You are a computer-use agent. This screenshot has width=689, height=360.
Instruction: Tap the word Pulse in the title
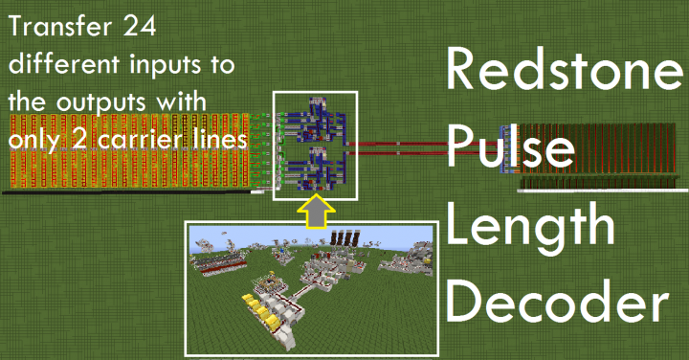click(x=511, y=151)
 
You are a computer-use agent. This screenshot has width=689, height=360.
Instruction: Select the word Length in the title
click(x=530, y=228)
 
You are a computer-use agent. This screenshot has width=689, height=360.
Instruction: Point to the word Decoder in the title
click(x=557, y=304)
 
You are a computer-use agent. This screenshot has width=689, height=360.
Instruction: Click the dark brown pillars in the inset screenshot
click(x=341, y=236)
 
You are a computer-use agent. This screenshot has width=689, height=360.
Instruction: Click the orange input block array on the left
click(x=124, y=153)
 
